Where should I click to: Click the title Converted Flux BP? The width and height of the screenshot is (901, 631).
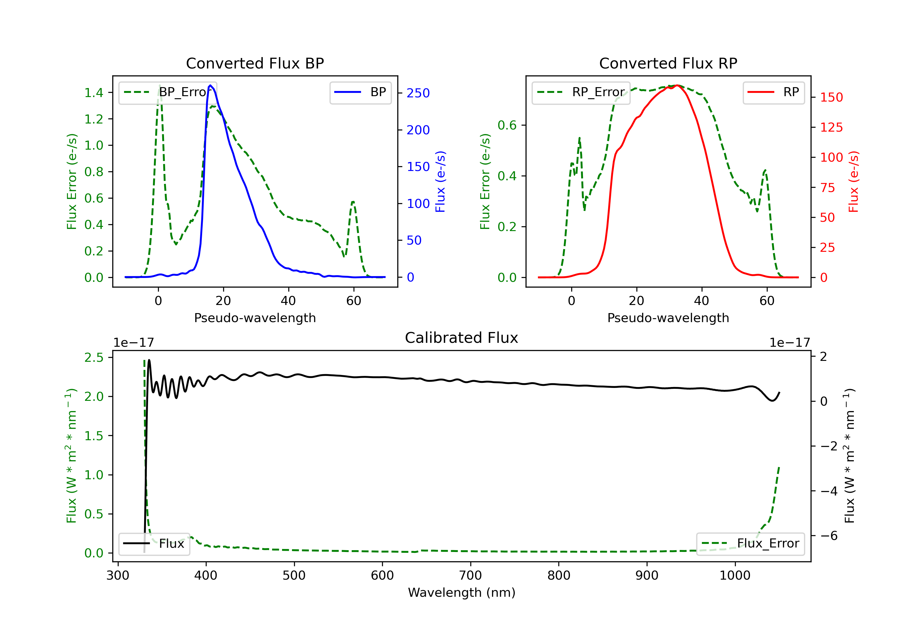click(x=255, y=63)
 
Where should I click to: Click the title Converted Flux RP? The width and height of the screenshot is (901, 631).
click(x=668, y=63)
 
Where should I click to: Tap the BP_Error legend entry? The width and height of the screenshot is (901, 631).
click(x=168, y=93)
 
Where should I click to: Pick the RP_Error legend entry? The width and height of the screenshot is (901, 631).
click(x=581, y=93)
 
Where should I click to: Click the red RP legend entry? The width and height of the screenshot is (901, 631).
click(x=773, y=93)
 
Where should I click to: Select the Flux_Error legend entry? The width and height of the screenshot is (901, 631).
click(x=750, y=544)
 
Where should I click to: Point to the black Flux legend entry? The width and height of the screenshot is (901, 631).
click(x=154, y=544)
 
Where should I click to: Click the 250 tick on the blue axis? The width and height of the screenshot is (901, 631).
click(x=418, y=93)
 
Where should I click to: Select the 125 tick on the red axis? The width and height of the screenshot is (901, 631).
click(x=831, y=127)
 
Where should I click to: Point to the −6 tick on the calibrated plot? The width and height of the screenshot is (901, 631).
click(x=828, y=535)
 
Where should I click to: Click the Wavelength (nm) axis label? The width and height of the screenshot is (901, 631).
click(x=462, y=593)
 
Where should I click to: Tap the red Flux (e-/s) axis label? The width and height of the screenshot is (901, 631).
click(x=853, y=181)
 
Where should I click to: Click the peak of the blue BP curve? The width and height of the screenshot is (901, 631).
click(x=210, y=85)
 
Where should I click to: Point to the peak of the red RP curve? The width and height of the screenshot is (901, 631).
click(x=677, y=85)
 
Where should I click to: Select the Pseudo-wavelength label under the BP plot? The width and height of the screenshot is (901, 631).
click(x=255, y=318)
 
